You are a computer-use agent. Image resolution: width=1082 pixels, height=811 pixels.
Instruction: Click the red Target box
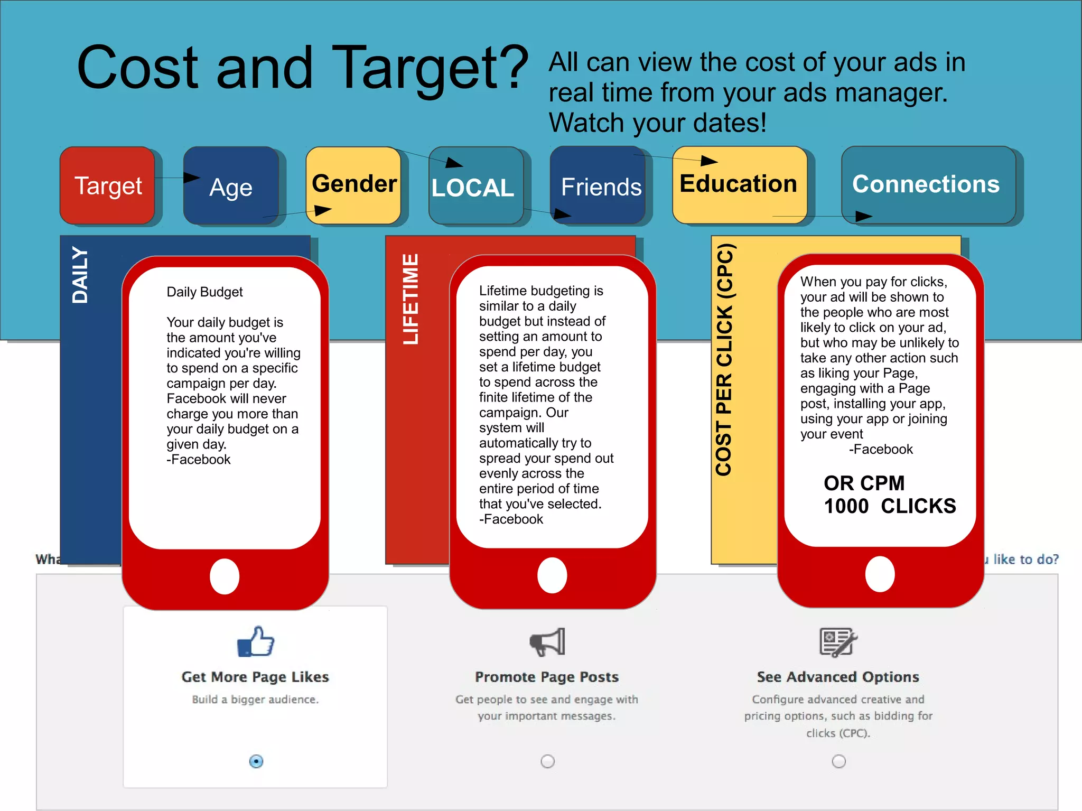(108, 185)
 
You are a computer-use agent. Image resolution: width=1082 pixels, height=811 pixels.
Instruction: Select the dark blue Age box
(231, 186)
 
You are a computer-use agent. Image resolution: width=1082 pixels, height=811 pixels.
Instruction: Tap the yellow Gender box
(353, 185)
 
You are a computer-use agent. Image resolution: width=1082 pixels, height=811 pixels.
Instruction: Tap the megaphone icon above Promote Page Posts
(547, 642)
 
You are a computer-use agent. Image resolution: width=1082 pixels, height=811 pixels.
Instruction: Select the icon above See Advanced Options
(838, 642)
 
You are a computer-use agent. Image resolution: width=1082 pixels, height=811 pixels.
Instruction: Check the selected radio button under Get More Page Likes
(256, 761)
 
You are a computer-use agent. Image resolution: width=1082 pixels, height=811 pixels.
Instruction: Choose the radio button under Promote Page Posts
(548, 761)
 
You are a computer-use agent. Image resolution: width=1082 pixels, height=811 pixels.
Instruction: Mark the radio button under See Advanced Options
(839, 761)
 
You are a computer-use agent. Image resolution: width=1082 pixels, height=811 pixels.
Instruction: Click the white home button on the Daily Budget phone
(225, 576)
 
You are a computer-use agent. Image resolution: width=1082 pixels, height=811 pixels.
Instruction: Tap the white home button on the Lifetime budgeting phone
(552, 575)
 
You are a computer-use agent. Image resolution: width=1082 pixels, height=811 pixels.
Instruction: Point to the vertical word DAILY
(80, 275)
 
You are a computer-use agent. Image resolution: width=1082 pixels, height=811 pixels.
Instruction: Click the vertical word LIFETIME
(411, 299)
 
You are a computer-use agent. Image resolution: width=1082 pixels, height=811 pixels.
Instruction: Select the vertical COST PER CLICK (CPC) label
(724, 359)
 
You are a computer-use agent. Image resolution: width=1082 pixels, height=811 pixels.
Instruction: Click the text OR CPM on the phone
(864, 483)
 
